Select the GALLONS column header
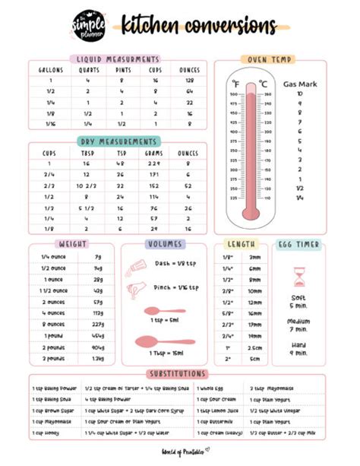pyautogui.click(x=50, y=70)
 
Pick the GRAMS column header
pyautogui.click(x=154, y=153)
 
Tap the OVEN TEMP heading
pyautogui.click(x=268, y=59)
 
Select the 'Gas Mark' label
pyautogui.click(x=299, y=84)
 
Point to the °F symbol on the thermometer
pyautogui.click(x=237, y=84)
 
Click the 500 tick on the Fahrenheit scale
pyautogui.click(x=232, y=94)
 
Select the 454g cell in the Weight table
pyautogui.click(x=98, y=335)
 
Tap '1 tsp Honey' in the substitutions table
pyautogui.click(x=46, y=431)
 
